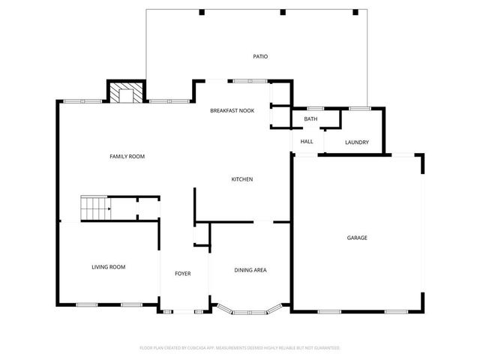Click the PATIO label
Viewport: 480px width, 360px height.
pyautogui.click(x=260, y=56)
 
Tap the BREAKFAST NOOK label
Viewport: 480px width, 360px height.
pyautogui.click(x=232, y=110)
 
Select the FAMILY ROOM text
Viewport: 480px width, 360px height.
pyautogui.click(x=127, y=156)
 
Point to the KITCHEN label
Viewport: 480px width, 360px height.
pyautogui.click(x=241, y=179)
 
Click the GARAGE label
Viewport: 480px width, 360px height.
pyautogui.click(x=357, y=238)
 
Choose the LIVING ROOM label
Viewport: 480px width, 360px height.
pyautogui.click(x=109, y=267)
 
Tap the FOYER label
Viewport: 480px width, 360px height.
pyautogui.click(x=183, y=274)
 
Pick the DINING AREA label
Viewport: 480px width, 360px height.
pyautogui.click(x=250, y=270)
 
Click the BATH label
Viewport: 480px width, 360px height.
pyautogui.click(x=310, y=119)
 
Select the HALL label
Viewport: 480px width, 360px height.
pyautogui.click(x=307, y=142)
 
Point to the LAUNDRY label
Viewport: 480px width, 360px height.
pyautogui.click(x=356, y=142)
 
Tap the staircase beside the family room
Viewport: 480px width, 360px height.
pyautogui.click(x=95, y=208)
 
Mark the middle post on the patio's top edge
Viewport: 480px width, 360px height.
pyautogui.click(x=283, y=12)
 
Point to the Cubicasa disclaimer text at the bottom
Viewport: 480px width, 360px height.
pyautogui.click(x=240, y=348)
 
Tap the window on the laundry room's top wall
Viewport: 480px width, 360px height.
pyautogui.click(x=359, y=109)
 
